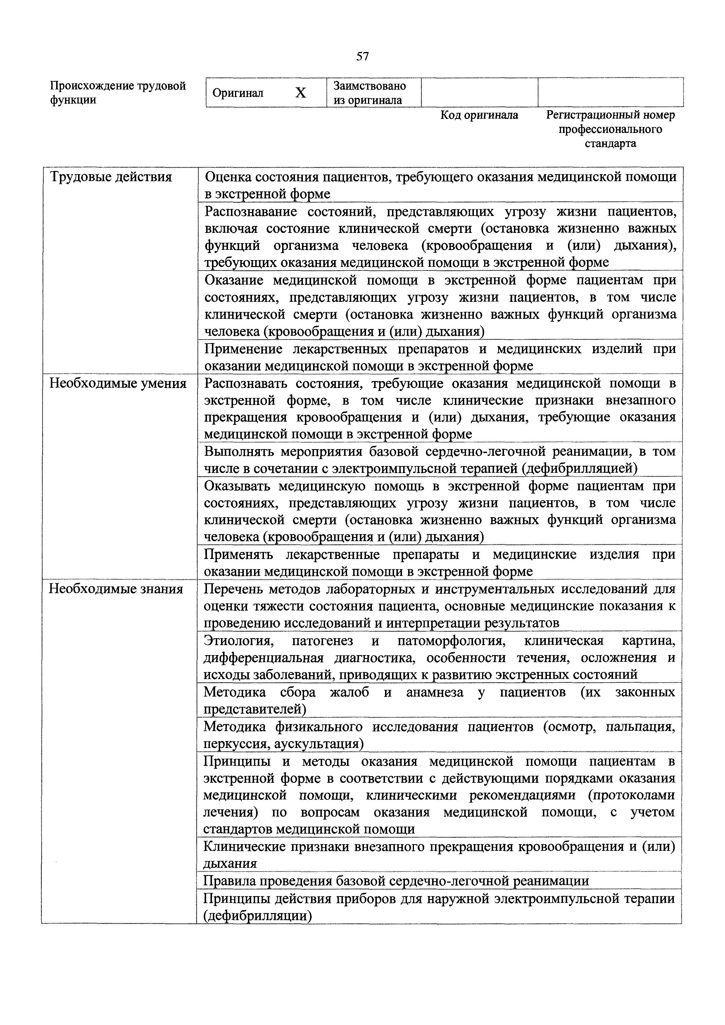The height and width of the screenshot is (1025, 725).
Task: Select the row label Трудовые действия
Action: (111, 177)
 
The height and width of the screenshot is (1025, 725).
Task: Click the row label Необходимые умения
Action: (118, 383)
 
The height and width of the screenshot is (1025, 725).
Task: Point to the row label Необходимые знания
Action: (116, 589)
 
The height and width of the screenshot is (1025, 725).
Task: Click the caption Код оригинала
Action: (479, 115)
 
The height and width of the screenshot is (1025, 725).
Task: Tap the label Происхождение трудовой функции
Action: (118, 92)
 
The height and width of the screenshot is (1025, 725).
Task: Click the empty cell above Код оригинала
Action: (479, 92)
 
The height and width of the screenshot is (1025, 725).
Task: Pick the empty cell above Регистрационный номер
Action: (610, 92)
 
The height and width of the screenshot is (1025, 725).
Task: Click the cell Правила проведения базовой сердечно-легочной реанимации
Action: (396, 881)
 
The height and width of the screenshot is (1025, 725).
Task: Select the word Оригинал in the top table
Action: (238, 93)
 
